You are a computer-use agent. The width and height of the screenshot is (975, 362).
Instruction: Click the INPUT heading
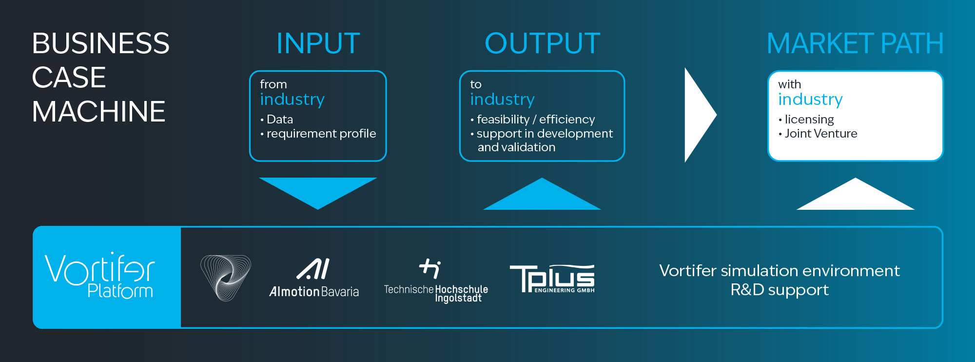(x=318, y=43)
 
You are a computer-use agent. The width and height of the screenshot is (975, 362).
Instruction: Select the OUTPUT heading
(x=542, y=43)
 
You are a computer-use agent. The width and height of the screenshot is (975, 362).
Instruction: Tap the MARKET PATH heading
(x=855, y=43)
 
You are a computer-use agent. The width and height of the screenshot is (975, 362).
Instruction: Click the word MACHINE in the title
(x=98, y=111)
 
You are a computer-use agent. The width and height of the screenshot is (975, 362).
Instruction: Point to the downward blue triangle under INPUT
(x=318, y=190)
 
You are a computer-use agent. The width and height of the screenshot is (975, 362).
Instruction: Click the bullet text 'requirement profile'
(x=321, y=134)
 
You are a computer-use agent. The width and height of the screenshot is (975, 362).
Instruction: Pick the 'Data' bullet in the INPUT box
(x=280, y=120)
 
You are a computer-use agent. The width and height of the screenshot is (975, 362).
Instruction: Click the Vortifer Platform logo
(x=100, y=276)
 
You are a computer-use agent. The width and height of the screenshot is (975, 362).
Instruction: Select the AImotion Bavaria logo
(x=314, y=278)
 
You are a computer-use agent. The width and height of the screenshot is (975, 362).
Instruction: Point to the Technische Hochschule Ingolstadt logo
(x=436, y=281)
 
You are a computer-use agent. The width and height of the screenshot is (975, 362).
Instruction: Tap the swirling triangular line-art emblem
(x=225, y=278)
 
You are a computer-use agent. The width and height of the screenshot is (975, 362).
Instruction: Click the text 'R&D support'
(x=780, y=290)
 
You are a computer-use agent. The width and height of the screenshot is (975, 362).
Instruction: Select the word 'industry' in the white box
(x=810, y=100)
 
